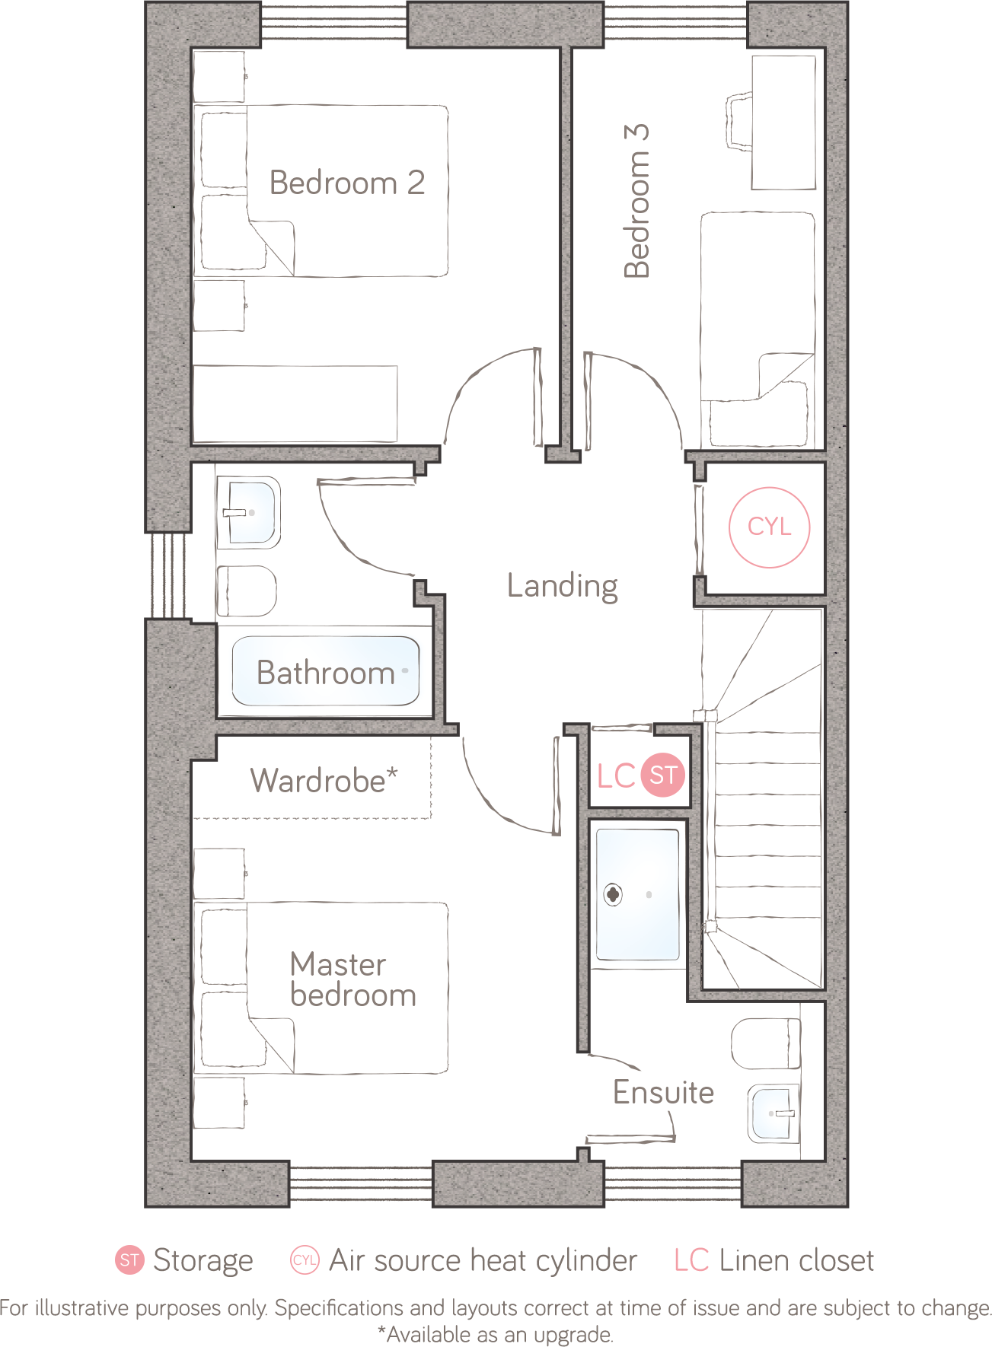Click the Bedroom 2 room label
coord(347,183)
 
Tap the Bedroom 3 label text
coord(636,201)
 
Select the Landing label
coord(563,586)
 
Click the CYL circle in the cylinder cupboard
coord(769,527)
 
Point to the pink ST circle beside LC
coord(663,775)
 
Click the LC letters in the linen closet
coord(616,776)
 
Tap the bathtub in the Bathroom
coord(326,671)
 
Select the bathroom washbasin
coord(248,512)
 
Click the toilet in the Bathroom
coord(247,591)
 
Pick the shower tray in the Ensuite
coord(638,895)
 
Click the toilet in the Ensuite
coord(766,1044)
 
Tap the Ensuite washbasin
coord(774,1113)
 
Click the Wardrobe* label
coord(324,781)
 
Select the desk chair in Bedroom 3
coord(739,123)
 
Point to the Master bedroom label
coord(353,979)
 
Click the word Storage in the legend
coord(203,1260)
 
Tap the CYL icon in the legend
coord(305,1260)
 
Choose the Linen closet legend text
coord(796,1260)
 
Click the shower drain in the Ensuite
coord(614,895)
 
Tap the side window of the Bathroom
coord(168,575)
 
